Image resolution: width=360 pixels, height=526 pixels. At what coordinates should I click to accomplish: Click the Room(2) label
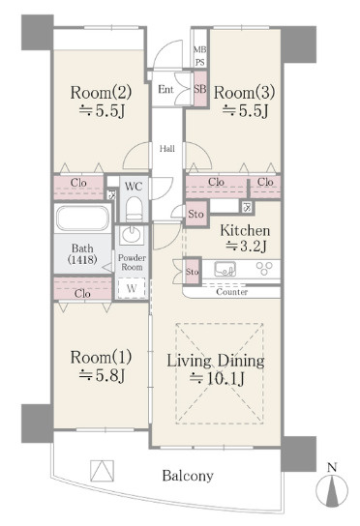[101, 92]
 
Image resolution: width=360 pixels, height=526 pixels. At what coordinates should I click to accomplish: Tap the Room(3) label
[244, 92]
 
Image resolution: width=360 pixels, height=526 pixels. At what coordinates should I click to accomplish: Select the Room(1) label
[101, 357]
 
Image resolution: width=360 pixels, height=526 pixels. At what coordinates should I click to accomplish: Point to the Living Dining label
[216, 361]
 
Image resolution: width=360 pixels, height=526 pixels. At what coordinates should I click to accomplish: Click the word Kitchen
[245, 230]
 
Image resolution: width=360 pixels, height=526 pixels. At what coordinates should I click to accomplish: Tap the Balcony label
[188, 476]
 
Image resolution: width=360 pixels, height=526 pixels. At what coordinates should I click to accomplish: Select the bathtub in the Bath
[82, 219]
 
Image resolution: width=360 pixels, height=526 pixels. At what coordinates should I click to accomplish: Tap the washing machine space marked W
[132, 288]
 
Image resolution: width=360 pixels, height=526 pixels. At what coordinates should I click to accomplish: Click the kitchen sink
[225, 269]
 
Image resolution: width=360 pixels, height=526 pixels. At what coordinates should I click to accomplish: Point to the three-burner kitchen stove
[264, 268]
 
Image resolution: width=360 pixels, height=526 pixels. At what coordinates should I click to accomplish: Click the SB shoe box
[200, 89]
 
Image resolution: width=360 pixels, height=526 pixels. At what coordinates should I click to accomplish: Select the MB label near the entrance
[199, 49]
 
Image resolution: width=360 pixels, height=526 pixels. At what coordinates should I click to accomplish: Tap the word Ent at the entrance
[165, 89]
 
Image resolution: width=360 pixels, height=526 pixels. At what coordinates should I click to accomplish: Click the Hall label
[166, 148]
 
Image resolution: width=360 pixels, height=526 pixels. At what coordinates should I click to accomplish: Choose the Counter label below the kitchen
[231, 292]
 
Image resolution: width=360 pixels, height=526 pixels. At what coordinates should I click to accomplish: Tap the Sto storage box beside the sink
[192, 271]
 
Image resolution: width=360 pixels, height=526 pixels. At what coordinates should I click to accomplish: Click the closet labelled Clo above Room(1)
[82, 288]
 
